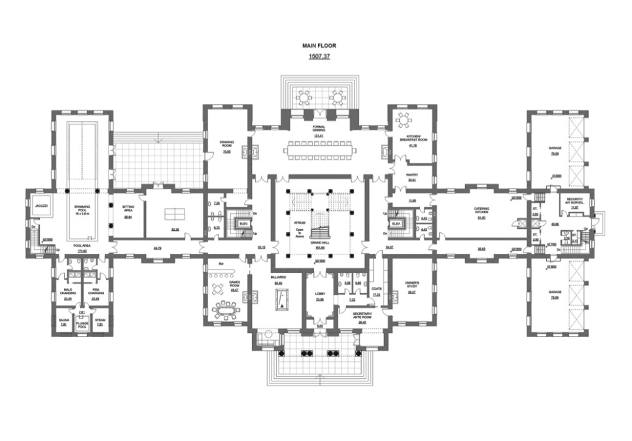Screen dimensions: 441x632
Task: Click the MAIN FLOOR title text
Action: point(319,46)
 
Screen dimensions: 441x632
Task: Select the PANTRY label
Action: point(412,175)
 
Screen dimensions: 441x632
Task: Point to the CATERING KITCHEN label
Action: point(482,210)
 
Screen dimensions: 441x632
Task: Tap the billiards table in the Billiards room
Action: point(279,300)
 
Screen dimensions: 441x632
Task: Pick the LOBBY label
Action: point(320,294)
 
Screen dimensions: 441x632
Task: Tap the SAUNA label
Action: point(63,320)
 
